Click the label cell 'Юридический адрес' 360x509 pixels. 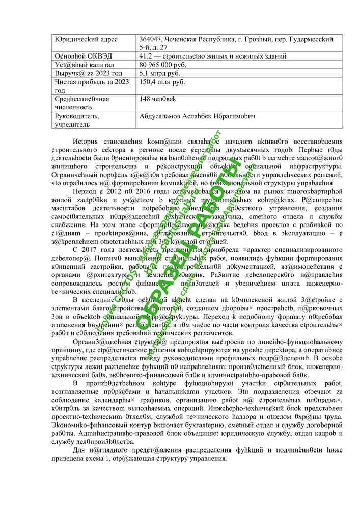86,39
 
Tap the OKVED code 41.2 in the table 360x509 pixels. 146,56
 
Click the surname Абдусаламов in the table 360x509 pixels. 162,116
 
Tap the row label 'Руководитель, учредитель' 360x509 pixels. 77,120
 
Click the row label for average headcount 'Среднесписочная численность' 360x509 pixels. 81,103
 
